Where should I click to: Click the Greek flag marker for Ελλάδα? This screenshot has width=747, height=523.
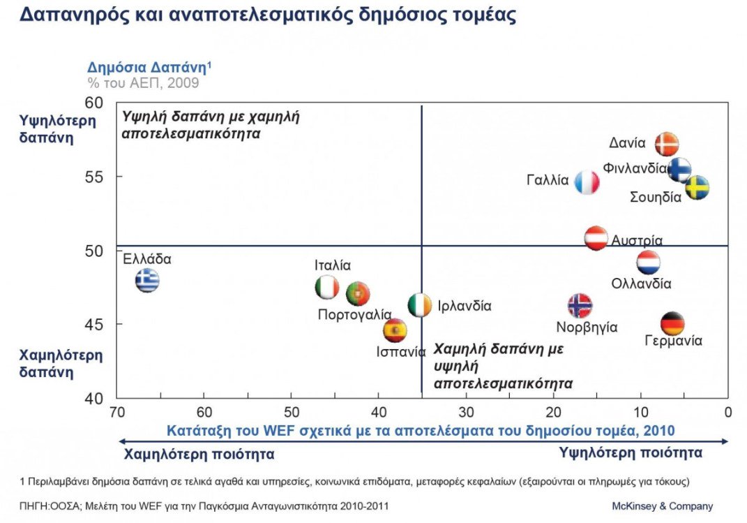tap(147, 280)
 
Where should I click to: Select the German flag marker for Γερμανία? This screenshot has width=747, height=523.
tap(672, 323)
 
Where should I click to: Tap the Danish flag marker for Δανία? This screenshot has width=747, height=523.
tap(667, 144)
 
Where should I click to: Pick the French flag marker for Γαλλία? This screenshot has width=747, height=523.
tap(587, 182)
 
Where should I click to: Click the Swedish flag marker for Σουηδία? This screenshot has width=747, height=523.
tap(697, 187)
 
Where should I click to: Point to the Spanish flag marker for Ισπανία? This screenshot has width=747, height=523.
tap(395, 330)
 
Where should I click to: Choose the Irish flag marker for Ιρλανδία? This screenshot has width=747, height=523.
tap(419, 305)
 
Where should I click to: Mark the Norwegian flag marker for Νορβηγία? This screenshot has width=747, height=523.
tap(580, 305)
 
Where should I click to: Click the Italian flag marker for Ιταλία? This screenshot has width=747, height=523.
tap(326, 287)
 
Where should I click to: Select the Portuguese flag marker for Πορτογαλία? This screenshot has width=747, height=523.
tap(357, 294)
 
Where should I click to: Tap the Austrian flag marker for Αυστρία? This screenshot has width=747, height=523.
tap(596, 238)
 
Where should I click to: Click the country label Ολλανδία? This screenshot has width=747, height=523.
tap(641, 284)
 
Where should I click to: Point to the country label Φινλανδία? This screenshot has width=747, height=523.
tap(635, 168)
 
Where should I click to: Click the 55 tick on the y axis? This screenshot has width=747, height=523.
tap(94, 177)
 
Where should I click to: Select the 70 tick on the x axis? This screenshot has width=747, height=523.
tap(117, 413)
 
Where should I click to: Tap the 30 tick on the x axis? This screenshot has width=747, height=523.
tap(466, 413)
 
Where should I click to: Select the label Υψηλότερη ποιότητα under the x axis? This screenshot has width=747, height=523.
tap(631, 453)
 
